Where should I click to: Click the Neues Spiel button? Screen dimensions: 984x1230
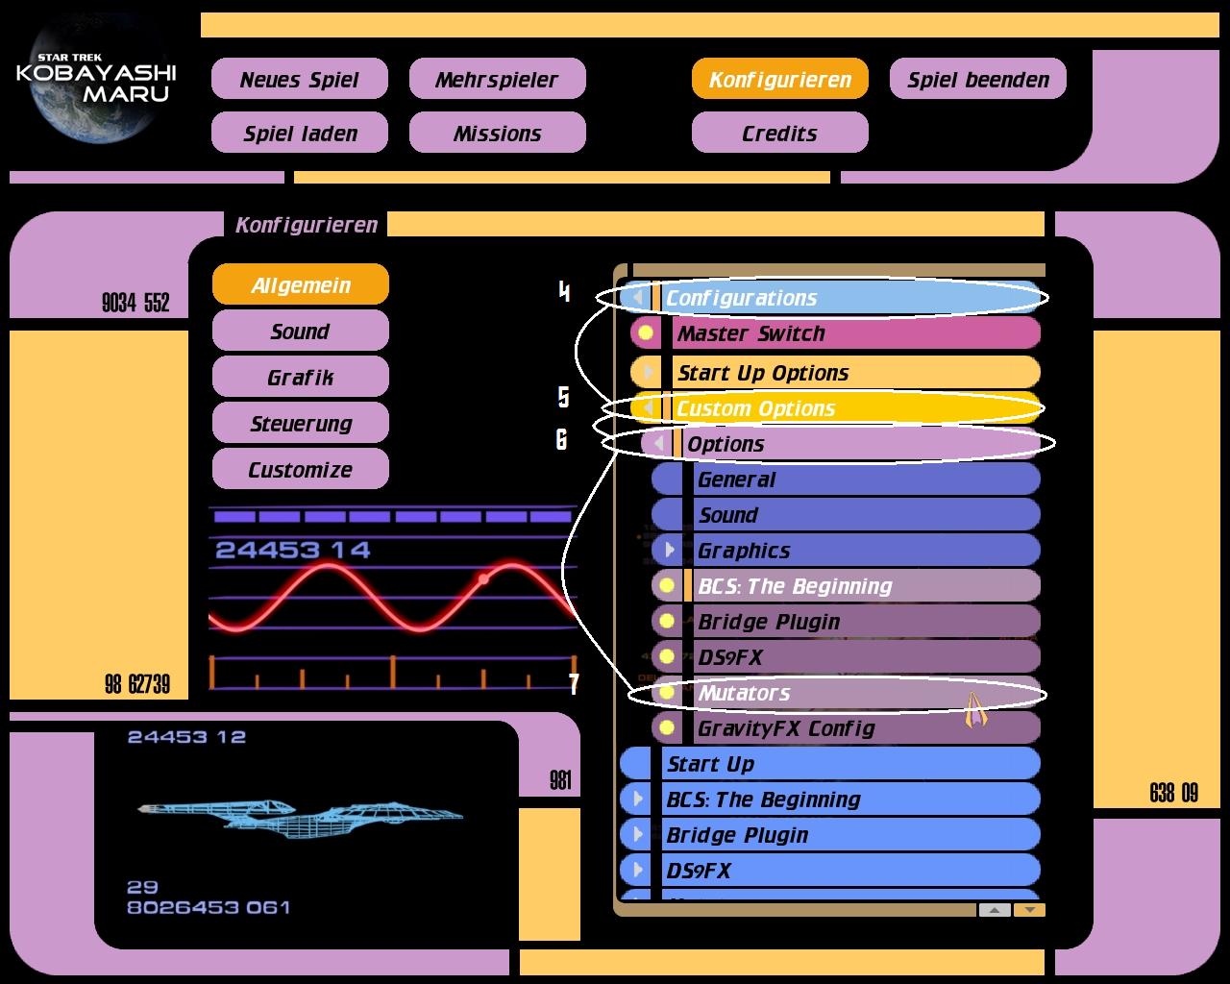pyautogui.click(x=299, y=80)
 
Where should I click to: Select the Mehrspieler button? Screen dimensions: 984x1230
pyautogui.click(x=497, y=80)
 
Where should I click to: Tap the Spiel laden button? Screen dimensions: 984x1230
pyautogui.click(x=299, y=134)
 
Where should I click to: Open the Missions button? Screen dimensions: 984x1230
pyautogui.click(x=497, y=134)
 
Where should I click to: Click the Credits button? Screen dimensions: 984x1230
pyautogui.click(x=779, y=134)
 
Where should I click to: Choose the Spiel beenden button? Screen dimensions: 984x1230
pyautogui.click(x=977, y=80)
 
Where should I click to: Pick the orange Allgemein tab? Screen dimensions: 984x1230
pyautogui.click(x=300, y=285)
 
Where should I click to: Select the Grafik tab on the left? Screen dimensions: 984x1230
pyautogui.click(x=300, y=378)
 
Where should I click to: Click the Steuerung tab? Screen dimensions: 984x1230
pyautogui.click(x=300, y=424)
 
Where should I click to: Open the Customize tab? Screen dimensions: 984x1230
pyautogui.click(x=300, y=470)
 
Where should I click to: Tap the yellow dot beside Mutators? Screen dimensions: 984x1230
pyautogui.click(x=667, y=693)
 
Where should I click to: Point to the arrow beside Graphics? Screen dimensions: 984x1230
pyautogui.click(x=669, y=551)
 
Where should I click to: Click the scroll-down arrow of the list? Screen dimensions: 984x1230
pyautogui.click(x=1029, y=910)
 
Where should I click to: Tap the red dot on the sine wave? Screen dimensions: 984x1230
pyautogui.click(x=483, y=578)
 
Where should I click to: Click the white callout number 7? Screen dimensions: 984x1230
pyautogui.click(x=574, y=684)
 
